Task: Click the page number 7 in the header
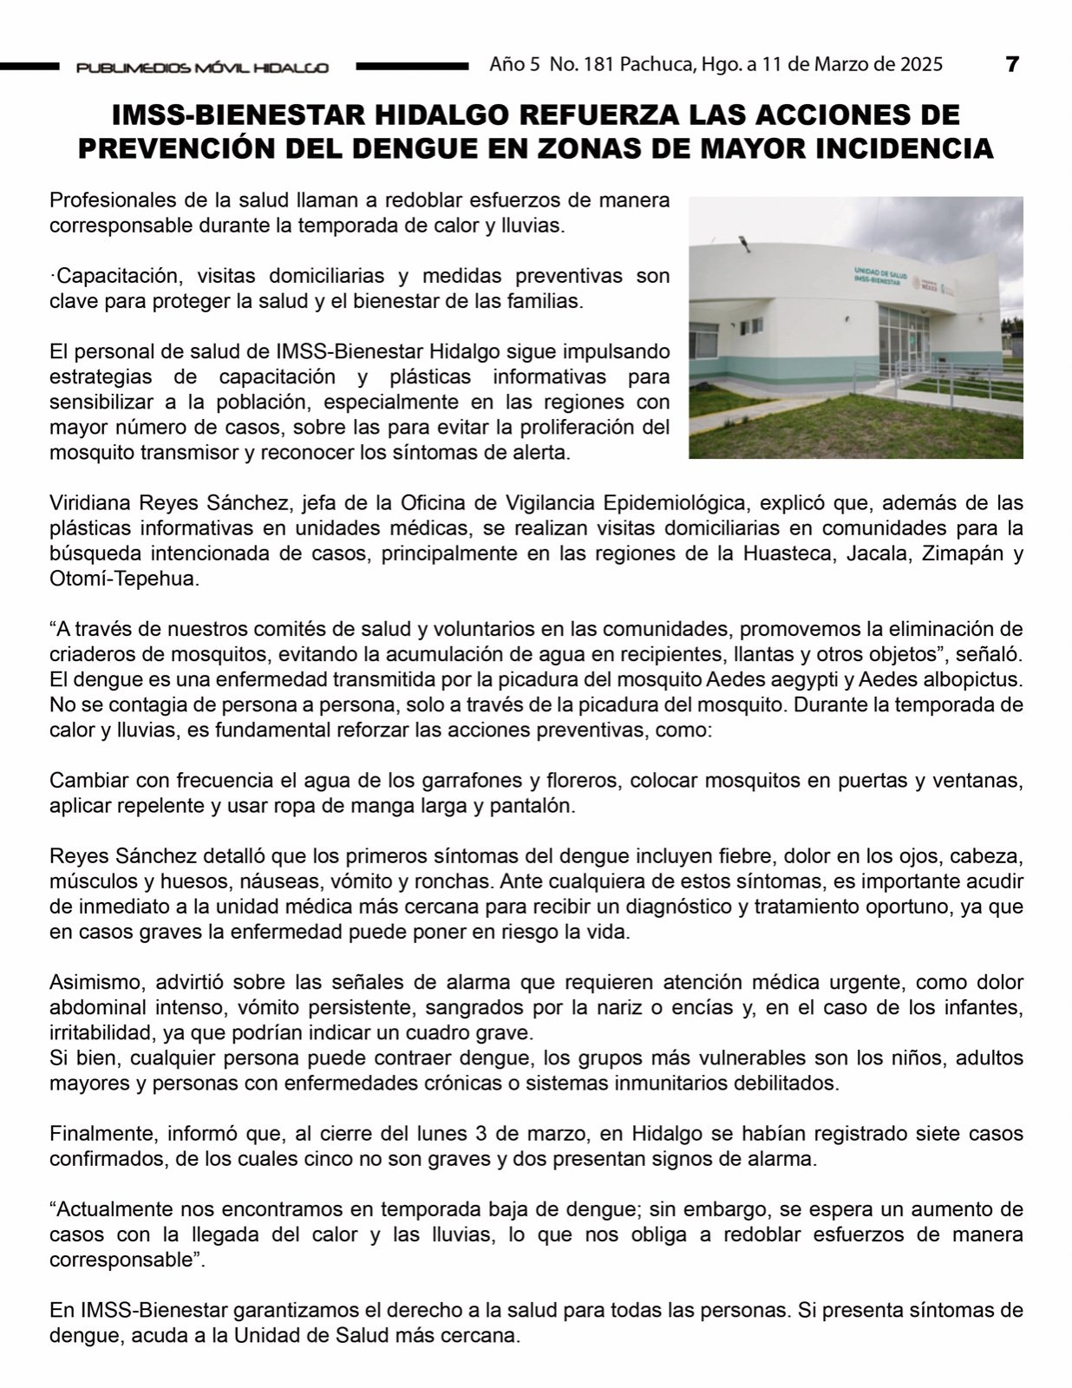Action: [1011, 64]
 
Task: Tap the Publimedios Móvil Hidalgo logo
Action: [201, 67]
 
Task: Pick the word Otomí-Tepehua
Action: [124, 579]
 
